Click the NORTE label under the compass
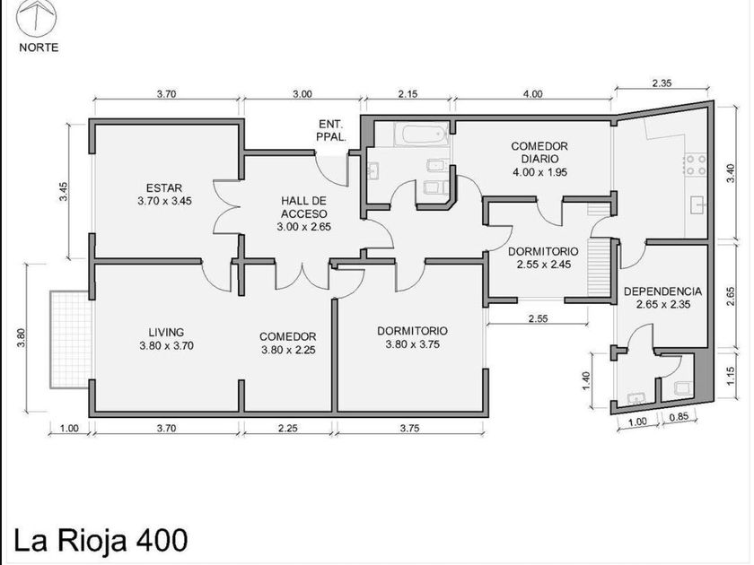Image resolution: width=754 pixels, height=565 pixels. pos(39,48)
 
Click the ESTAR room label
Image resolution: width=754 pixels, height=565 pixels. pos(164,187)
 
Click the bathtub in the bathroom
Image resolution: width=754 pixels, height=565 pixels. pos(423,137)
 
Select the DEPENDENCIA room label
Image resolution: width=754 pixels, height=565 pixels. pos(662,291)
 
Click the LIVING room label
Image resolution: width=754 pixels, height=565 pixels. pos(166,332)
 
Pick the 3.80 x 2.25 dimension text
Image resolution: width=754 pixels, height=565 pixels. pos(288,350)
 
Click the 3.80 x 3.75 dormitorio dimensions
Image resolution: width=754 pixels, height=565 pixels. pos(412,343)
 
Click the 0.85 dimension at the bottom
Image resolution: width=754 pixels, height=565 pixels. pos(679,417)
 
